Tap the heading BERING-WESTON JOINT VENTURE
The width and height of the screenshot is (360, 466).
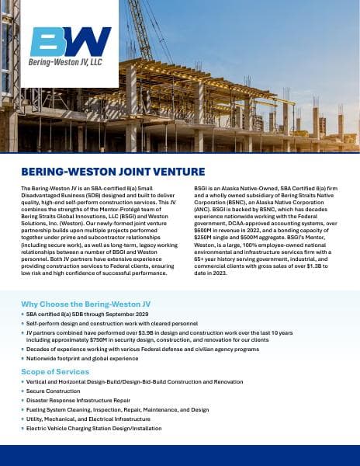pos(113,172)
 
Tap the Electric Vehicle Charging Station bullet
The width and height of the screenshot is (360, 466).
pos(95,428)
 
